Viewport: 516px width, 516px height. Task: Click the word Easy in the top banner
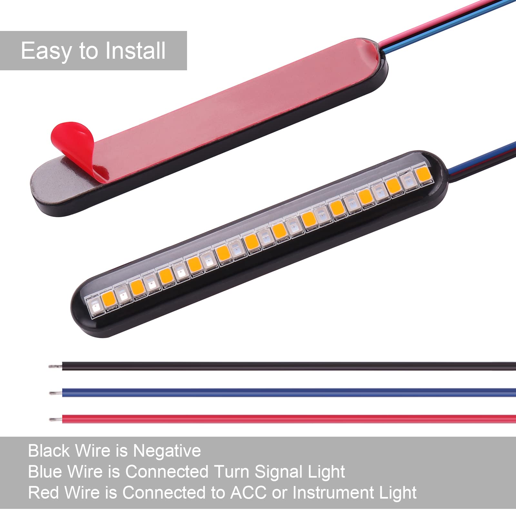46,51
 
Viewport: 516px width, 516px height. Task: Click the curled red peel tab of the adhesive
73,137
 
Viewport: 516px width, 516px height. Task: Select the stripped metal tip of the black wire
55,366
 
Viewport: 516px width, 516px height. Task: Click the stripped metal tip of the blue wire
55,393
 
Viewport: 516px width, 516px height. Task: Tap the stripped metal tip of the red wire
55,419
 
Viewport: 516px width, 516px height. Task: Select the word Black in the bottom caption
49,451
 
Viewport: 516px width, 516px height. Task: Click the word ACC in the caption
248,493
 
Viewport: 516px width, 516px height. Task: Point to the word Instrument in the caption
333,493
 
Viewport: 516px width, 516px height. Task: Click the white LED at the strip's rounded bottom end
94,306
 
